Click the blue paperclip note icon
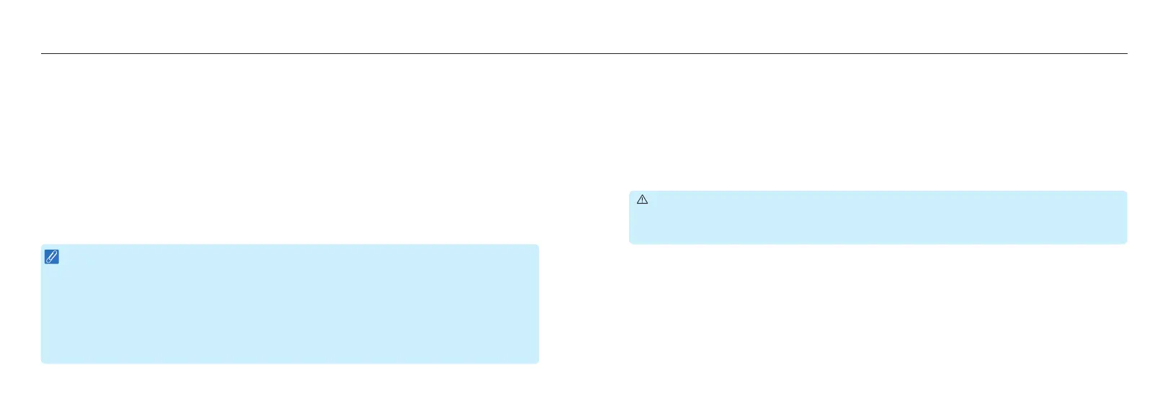tap(52, 257)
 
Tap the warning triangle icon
tap(643, 200)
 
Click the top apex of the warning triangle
tap(643, 195)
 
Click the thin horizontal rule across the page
tap(584, 53)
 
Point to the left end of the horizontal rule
tap(42, 53)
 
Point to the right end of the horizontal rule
tap(1126, 53)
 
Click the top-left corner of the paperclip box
tap(42, 245)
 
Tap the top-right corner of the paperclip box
tap(538, 245)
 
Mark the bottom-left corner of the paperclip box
tap(42, 362)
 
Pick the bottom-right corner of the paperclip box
tap(538, 362)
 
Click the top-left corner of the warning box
tap(630, 192)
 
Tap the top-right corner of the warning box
tap(1125, 192)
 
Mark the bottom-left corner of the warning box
tap(630, 242)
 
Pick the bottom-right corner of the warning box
tap(1125, 242)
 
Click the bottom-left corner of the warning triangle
tap(638, 204)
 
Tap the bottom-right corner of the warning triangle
tap(648, 204)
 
